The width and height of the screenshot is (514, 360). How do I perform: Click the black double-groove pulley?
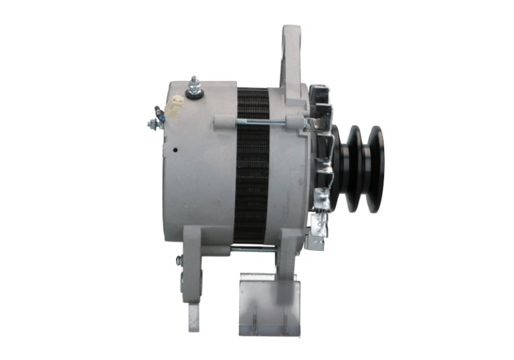[360, 169]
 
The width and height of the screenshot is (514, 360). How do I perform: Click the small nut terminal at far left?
[153, 123]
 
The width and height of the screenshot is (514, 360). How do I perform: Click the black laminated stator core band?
[252, 167]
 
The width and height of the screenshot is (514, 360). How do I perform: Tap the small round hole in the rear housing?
[175, 150]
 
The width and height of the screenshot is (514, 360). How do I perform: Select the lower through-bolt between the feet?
[254, 249]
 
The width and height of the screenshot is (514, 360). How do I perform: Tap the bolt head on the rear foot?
[179, 260]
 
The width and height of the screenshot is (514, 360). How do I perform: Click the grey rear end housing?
[197, 167]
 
